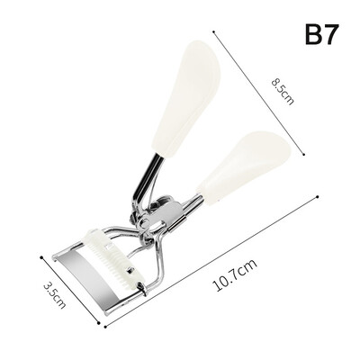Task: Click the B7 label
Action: [322, 34]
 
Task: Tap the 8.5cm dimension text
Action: [283, 91]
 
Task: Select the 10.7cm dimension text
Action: [235, 275]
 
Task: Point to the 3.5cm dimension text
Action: [54, 294]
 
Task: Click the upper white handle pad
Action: [186, 99]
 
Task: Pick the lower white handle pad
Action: [244, 166]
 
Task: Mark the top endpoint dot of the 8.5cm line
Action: [213, 31]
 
